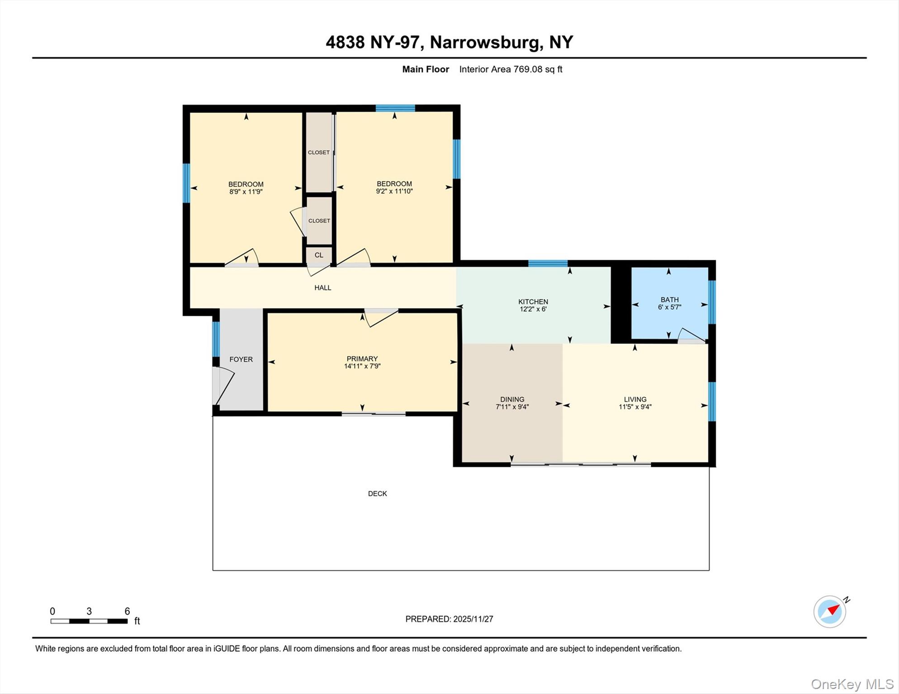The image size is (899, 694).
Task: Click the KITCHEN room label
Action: [x=533, y=301]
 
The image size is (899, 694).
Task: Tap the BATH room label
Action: [x=669, y=300]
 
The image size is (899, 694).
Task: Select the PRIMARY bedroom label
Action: [x=362, y=359]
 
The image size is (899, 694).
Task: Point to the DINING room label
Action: [x=512, y=399]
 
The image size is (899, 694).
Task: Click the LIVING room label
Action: [x=635, y=399]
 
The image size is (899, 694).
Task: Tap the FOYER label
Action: [x=241, y=359]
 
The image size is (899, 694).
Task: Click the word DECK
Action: [x=377, y=493]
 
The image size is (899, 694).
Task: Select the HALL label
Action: [x=322, y=287]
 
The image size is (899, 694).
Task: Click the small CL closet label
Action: [x=319, y=255]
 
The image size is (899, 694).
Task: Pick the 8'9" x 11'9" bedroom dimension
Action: [x=246, y=192]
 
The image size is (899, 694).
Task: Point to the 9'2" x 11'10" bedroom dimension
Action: [x=394, y=191]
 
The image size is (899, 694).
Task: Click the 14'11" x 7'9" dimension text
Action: [x=362, y=366]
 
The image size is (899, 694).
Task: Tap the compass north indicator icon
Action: [x=830, y=611]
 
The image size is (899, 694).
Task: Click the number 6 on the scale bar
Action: [x=127, y=611]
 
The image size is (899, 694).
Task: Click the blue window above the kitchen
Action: [x=548, y=263]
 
